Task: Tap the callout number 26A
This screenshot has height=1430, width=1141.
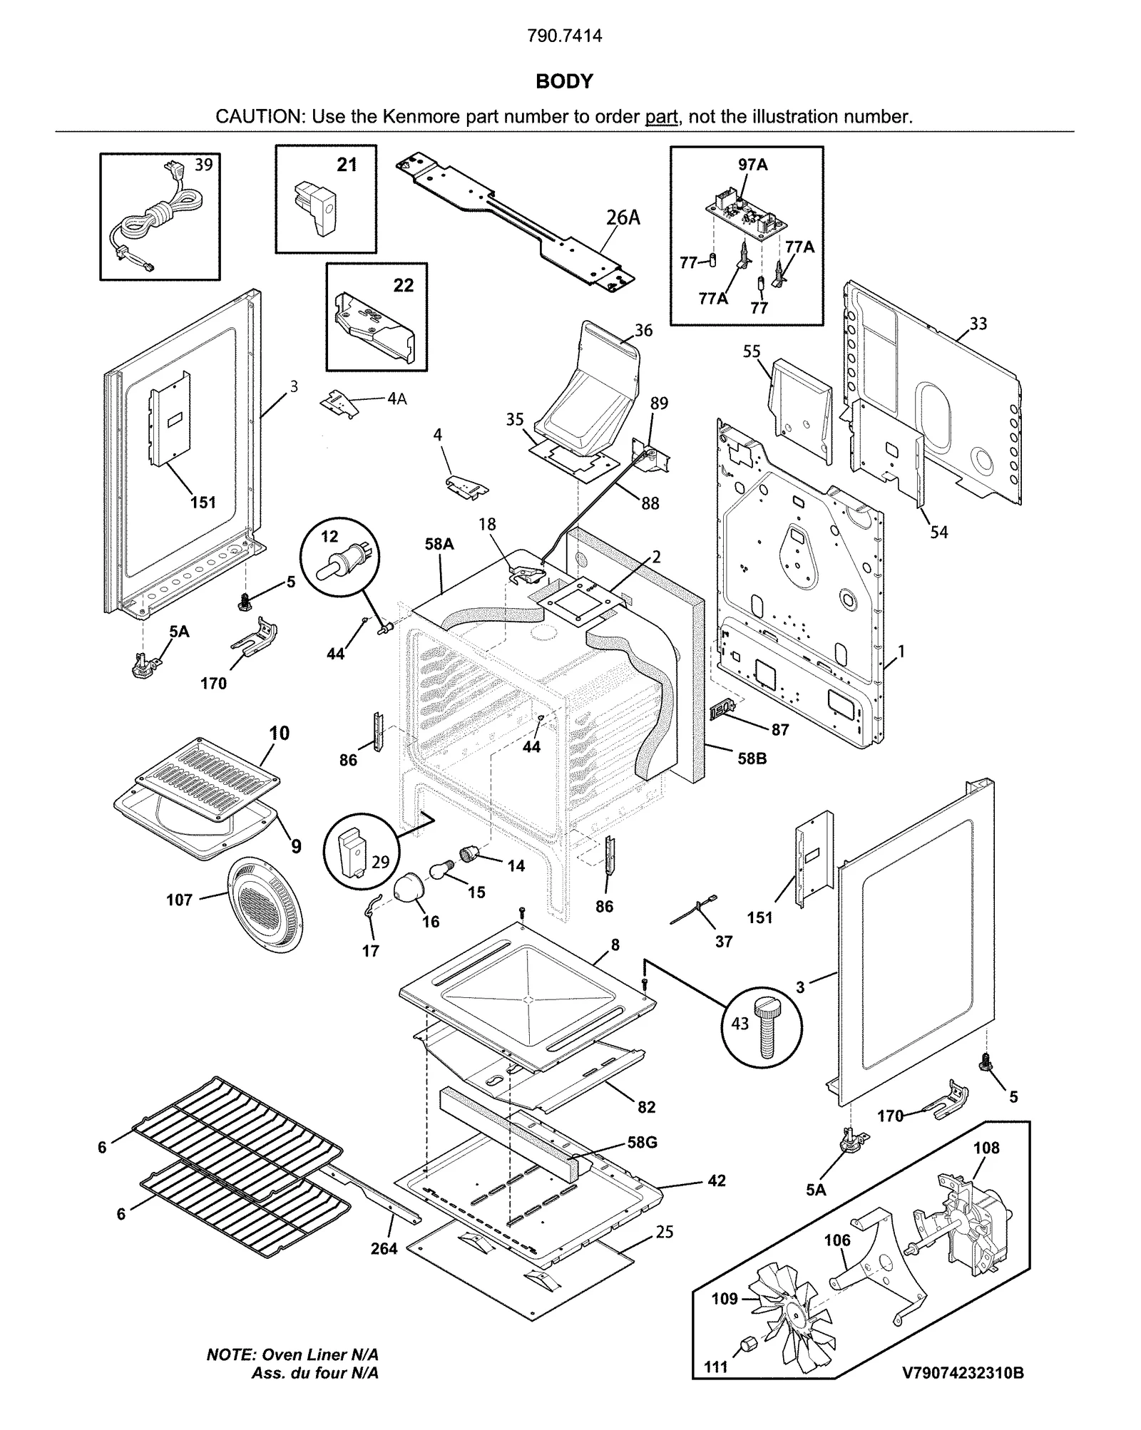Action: coord(623,217)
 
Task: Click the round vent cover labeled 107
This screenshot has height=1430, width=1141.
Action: coord(264,905)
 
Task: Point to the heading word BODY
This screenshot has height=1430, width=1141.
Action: coord(564,81)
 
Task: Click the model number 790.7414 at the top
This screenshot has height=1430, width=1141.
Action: coord(564,36)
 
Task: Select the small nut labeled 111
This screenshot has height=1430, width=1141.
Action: coord(748,1343)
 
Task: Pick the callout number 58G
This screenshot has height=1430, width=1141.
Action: coord(642,1142)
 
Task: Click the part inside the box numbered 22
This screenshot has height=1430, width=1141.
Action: coord(374,325)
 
